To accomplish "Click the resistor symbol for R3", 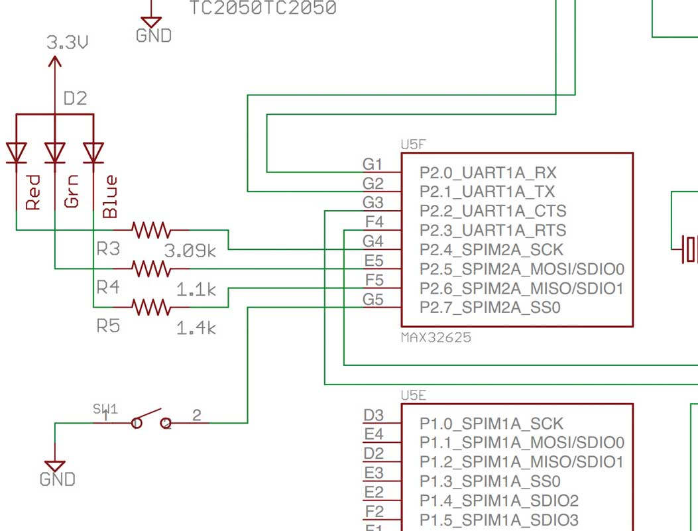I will click(x=152, y=230).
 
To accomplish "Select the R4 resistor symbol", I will click(x=152, y=268).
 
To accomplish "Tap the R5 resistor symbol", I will click(x=152, y=308).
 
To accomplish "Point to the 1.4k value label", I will click(x=196, y=327).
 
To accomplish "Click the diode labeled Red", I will click(x=16, y=152).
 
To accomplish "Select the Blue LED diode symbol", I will click(x=93, y=152).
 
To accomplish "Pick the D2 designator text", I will click(x=75, y=99).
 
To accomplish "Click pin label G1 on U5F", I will click(x=373, y=164).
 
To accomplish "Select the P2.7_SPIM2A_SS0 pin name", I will click(x=490, y=308).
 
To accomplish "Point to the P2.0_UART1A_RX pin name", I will click(x=487, y=173).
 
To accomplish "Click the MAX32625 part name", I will click(x=436, y=337).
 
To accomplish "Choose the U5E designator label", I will click(x=413, y=395).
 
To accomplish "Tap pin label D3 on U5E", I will click(x=373, y=416).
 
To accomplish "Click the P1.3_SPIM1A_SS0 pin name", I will click(x=490, y=481).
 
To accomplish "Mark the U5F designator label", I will click(x=413, y=144).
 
